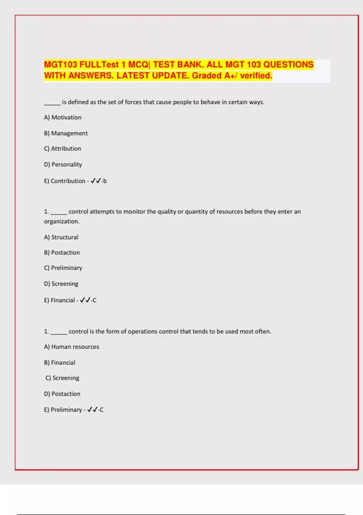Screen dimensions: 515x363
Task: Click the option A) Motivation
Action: click(x=63, y=117)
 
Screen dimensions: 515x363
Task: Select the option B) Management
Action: click(x=66, y=133)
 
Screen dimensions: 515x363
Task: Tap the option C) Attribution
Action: click(x=62, y=148)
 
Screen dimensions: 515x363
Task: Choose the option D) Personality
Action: click(x=63, y=164)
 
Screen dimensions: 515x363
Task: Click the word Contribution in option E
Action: click(x=68, y=181)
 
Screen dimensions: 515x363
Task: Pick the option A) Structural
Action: click(x=61, y=237)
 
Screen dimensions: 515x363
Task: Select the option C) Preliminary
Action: click(x=63, y=268)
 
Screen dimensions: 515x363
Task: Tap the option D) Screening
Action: click(x=61, y=284)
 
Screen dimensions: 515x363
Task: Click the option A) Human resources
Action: click(x=71, y=347)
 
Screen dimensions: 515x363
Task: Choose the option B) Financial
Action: click(x=60, y=363)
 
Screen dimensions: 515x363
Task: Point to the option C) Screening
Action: click(x=62, y=378)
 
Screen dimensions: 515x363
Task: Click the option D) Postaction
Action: click(x=62, y=394)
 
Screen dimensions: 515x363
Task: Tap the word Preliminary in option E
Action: click(x=66, y=410)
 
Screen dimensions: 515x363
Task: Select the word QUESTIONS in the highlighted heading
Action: click(x=288, y=65)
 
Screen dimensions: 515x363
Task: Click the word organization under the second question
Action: click(x=61, y=221)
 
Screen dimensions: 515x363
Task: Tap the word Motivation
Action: click(x=66, y=117)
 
